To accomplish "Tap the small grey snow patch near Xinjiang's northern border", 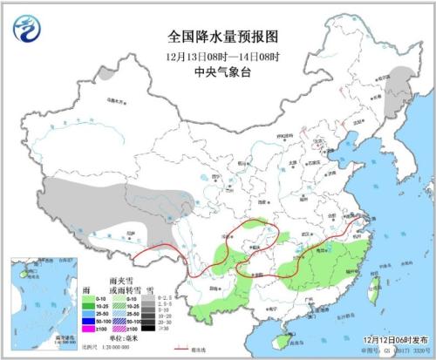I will coord(106,74).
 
